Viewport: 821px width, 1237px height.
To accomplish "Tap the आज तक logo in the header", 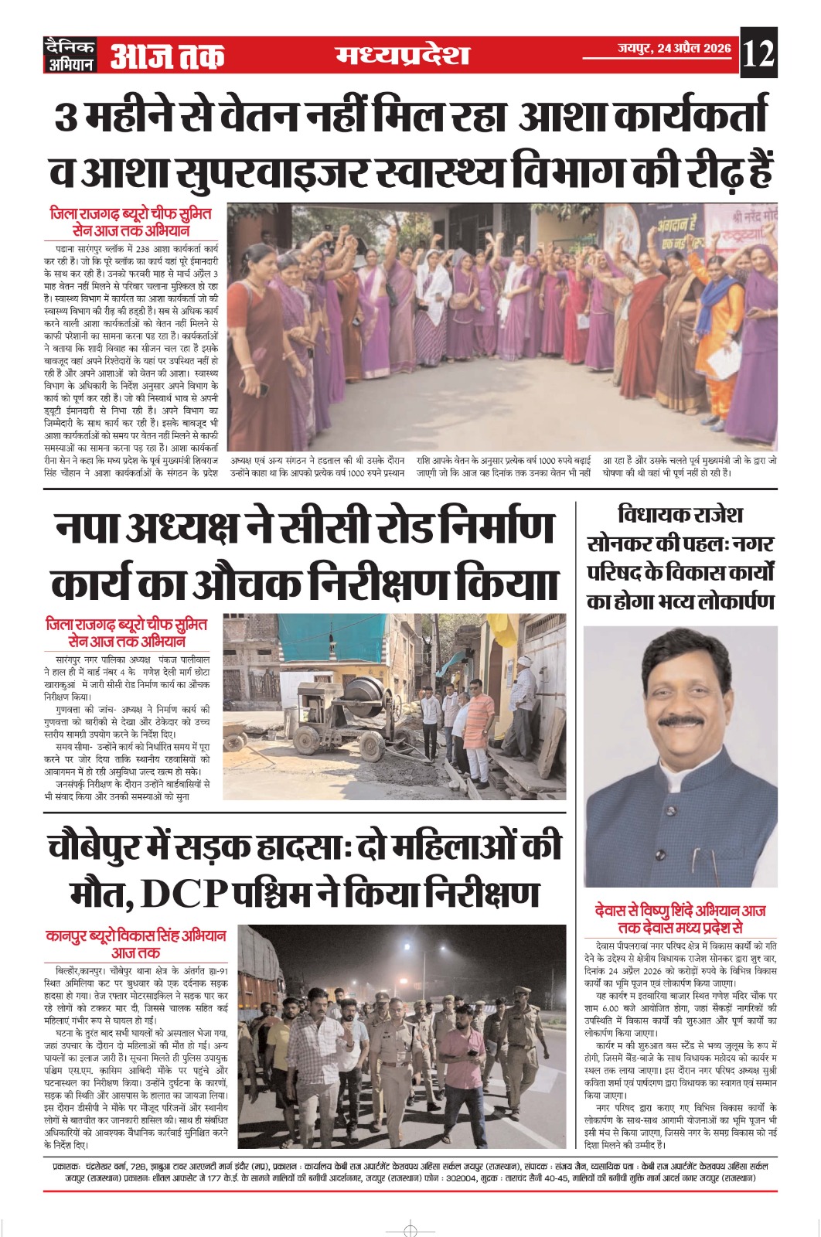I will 167,56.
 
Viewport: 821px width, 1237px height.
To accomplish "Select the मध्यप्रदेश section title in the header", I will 403,56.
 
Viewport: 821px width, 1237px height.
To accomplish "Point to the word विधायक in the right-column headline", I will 656,515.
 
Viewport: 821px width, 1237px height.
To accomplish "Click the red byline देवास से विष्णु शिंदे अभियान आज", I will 680,912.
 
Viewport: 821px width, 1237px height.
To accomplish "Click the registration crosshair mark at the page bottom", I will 410,1229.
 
